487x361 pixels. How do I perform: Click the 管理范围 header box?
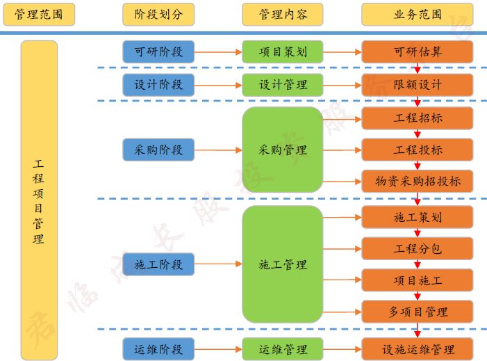pyautogui.click(x=39, y=14)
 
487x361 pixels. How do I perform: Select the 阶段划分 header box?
pyautogui.click(x=158, y=14)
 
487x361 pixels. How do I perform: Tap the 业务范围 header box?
pyautogui.click(x=417, y=14)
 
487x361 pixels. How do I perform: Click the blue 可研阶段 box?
pyautogui.click(x=158, y=51)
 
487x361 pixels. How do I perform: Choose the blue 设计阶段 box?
pyautogui.click(x=158, y=85)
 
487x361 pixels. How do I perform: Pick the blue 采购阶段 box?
pyautogui.click(x=158, y=150)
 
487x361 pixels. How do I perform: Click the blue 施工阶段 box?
pyautogui.click(x=158, y=264)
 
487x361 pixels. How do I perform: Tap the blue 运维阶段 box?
pyautogui.click(x=158, y=349)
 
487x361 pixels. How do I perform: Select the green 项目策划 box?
pyautogui.click(x=283, y=51)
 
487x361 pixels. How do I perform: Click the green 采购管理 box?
pyautogui.click(x=283, y=150)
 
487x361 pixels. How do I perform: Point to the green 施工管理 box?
pyautogui.click(x=283, y=264)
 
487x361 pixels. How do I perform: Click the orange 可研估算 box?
pyautogui.click(x=417, y=51)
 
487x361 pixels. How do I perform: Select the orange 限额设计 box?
pyautogui.click(x=417, y=85)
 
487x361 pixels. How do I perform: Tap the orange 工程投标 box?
pyautogui.click(x=417, y=150)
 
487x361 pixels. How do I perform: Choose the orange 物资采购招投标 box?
pyautogui.click(x=417, y=182)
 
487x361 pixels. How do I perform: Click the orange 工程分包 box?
pyautogui.click(x=417, y=248)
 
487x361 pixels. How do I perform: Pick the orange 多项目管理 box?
pyautogui.click(x=417, y=312)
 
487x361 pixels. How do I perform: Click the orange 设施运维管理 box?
pyautogui.click(x=417, y=349)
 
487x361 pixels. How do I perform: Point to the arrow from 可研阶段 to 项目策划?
pyautogui.click(x=217, y=51)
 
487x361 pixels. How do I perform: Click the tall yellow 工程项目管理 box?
pyautogui.click(x=39, y=200)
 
